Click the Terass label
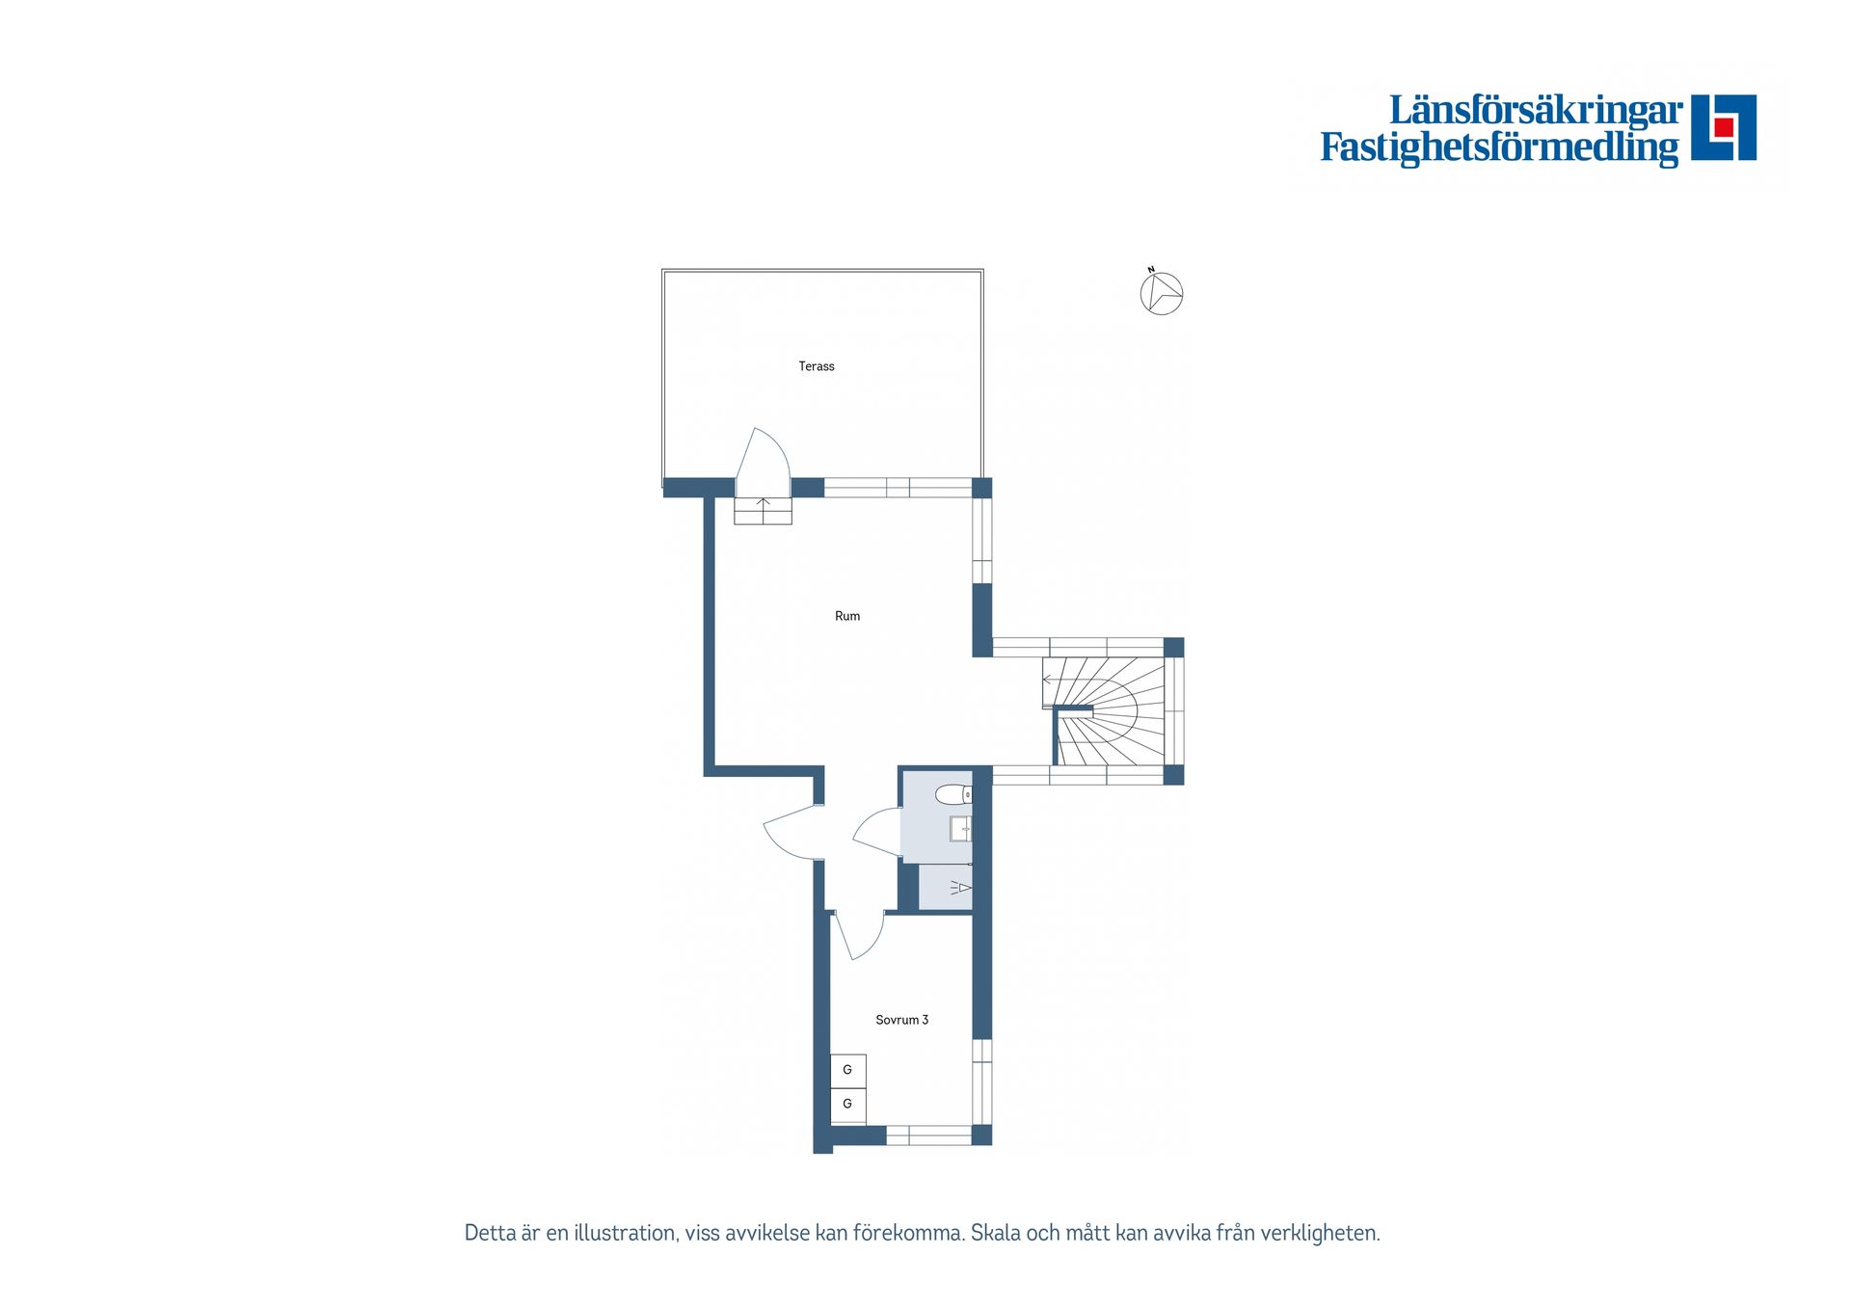pos(817,366)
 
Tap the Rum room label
pos(847,616)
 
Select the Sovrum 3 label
pos(901,1020)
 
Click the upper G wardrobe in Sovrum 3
pos(848,1070)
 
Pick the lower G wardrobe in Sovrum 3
pos(848,1105)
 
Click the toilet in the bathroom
pos(953,794)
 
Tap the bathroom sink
pos(961,829)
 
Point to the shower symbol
pos(960,887)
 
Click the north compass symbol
pos(1161,292)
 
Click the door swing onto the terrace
pos(763,455)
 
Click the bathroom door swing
pos(877,832)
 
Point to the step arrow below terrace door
pos(764,508)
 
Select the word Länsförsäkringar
pos(1536,110)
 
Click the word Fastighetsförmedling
pos(1499,147)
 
